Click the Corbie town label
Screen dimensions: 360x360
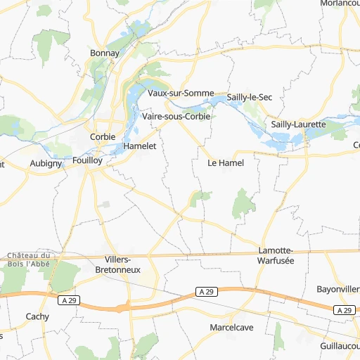point(103,137)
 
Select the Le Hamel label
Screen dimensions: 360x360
point(226,162)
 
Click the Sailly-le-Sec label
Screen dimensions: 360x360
point(250,97)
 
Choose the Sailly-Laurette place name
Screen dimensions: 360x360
point(298,124)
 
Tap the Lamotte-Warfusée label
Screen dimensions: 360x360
point(276,255)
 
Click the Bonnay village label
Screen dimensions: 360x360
point(105,53)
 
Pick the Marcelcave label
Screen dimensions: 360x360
point(231,328)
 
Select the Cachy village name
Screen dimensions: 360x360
point(37,316)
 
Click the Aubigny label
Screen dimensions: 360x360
point(46,163)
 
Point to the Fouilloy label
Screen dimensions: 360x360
point(87,160)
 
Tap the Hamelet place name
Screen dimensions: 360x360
point(139,146)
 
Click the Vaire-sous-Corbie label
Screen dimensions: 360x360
point(176,116)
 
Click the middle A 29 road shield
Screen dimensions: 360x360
point(205,291)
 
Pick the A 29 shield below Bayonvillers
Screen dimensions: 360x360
point(342,310)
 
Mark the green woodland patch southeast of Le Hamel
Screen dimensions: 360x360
point(243,202)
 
